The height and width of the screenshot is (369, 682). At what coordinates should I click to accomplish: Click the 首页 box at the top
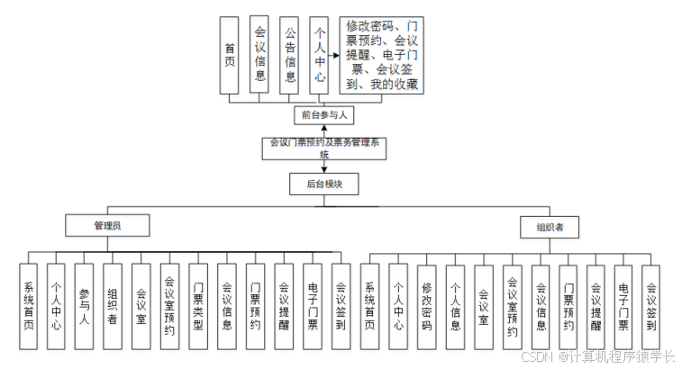point(231,54)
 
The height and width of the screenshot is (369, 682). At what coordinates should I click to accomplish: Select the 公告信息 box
point(289,54)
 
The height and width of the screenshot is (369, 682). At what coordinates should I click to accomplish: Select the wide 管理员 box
point(107,226)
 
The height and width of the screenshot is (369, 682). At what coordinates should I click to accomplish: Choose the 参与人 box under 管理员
point(84,306)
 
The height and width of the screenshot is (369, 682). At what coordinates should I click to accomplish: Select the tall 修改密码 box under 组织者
point(426,306)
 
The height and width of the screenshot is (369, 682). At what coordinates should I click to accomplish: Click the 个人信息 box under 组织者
point(455,306)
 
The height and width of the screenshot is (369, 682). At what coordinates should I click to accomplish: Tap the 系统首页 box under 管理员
point(28,306)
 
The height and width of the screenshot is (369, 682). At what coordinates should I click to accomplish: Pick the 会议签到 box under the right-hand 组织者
point(651,306)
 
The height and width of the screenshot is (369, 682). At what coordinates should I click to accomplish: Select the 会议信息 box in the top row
point(260,54)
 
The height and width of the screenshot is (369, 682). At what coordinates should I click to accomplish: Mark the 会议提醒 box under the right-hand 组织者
point(595,306)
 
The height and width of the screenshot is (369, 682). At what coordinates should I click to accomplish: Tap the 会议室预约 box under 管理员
point(169,306)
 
